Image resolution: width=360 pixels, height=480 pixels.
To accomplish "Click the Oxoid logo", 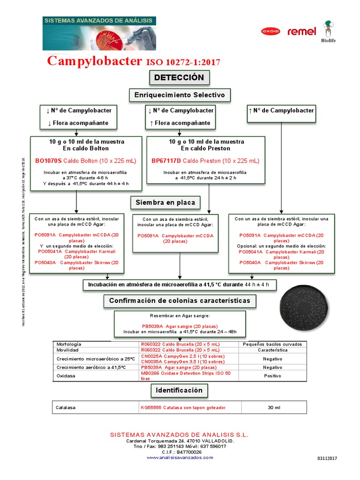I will pos(270,31).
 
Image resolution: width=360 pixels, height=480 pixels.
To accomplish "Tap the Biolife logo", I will pos(330,31).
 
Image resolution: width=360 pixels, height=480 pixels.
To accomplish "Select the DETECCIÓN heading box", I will pos(179,77).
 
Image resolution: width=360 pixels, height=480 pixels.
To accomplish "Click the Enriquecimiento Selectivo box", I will pos(180,95).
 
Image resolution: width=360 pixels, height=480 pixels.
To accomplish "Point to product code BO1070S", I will pos(49,161).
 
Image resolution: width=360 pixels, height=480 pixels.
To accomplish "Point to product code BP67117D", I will pos(166,161).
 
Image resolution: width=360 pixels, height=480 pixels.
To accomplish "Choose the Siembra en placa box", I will pos(164,202).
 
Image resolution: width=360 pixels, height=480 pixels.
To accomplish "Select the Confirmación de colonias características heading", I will pos(180,300).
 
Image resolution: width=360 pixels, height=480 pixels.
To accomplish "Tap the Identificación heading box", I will pos(179,390).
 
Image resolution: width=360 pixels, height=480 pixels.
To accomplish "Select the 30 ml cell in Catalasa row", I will pos(274,408).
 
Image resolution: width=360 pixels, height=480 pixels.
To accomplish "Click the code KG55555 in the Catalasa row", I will pos(151,408).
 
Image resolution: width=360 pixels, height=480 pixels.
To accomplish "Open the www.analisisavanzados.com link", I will pos(180,457).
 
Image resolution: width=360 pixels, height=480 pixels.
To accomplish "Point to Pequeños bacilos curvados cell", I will pos(272,344).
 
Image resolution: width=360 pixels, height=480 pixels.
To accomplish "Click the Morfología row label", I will pos(68,344).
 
